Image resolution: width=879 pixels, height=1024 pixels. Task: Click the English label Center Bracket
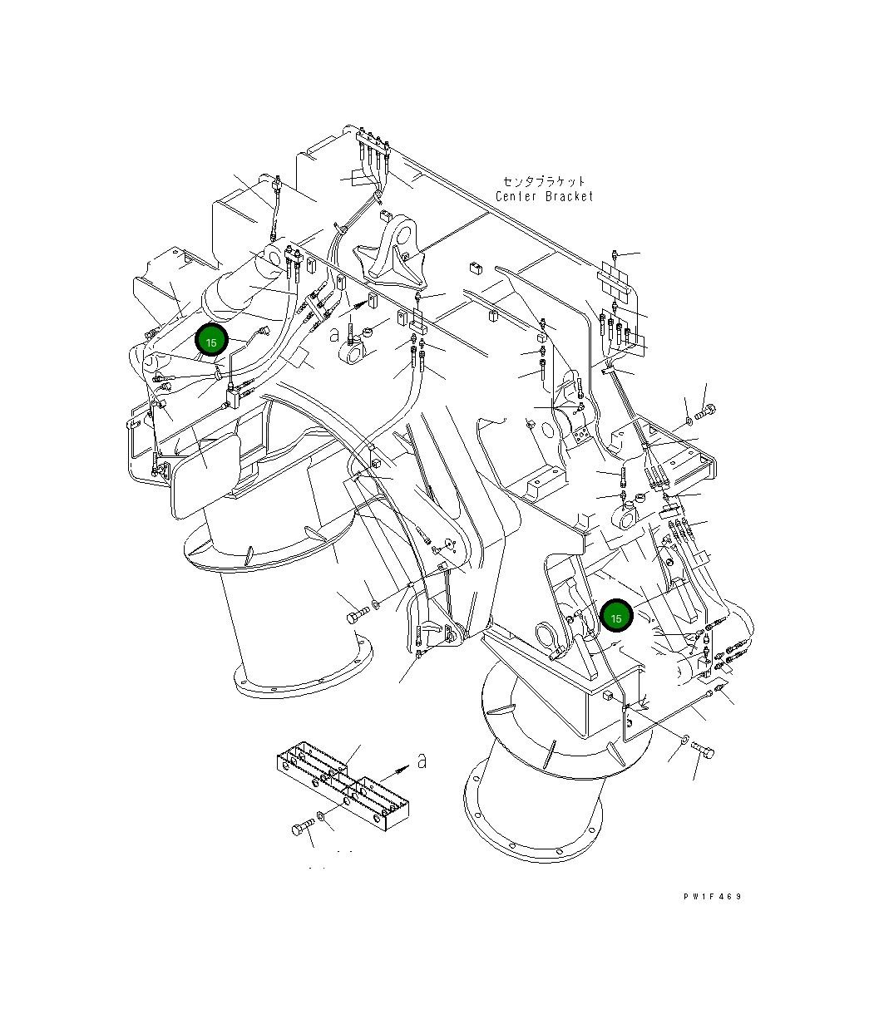point(545,197)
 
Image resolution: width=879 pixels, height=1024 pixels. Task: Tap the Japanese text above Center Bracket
point(545,180)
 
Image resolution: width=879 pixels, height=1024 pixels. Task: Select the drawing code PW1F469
point(712,897)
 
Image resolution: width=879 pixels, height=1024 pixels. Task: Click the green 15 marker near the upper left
point(211,342)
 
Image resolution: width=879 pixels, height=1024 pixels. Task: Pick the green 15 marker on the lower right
point(616,618)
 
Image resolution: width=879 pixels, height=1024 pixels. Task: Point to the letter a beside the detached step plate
point(422,761)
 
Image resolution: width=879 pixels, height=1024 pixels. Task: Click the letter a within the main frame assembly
point(333,334)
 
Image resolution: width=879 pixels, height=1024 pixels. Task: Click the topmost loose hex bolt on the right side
point(707,410)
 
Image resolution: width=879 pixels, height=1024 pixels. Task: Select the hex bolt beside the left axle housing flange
point(356,617)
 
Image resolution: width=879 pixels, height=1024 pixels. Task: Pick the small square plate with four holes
point(580,436)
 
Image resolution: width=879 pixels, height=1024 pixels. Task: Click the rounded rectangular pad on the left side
point(203,474)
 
